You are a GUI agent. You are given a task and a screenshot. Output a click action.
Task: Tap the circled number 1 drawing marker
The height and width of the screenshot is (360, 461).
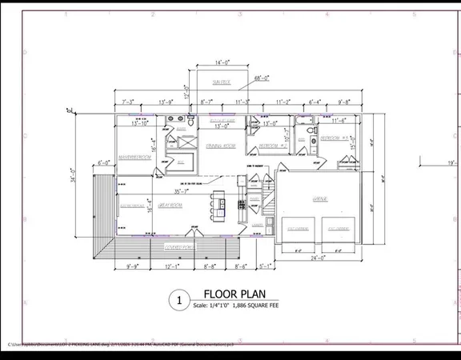click(x=178, y=300)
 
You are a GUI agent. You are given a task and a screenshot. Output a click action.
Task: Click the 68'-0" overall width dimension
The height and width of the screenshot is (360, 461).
click(x=262, y=78)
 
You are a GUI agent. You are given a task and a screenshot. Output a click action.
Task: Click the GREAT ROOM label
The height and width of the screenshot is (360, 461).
click(x=170, y=206)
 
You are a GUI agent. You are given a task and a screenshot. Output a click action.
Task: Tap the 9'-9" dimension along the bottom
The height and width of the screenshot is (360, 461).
click(x=134, y=266)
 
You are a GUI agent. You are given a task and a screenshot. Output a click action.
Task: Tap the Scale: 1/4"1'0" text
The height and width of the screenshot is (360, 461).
click(x=230, y=306)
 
